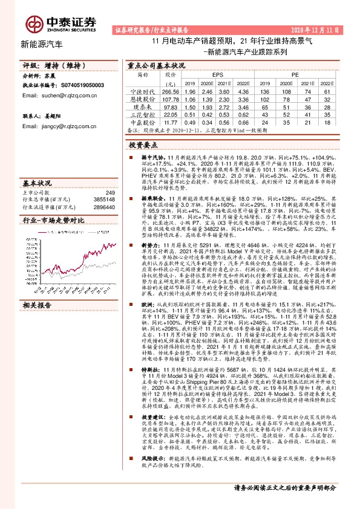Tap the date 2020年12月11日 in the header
point(317,29)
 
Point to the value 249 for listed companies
point(110,193)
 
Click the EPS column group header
point(217,75)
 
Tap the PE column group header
point(295,75)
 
